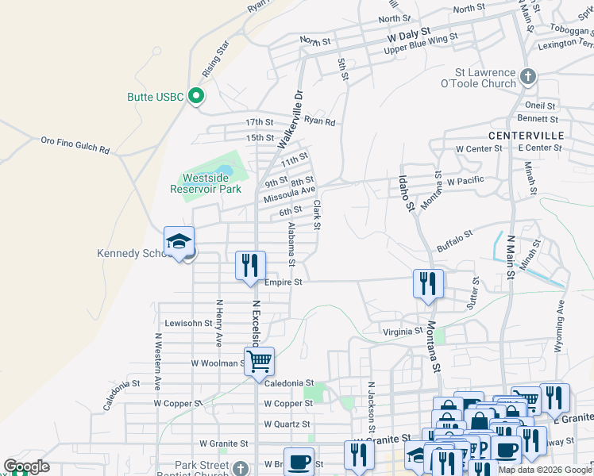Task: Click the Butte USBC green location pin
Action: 196,97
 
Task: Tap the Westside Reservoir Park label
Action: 206,183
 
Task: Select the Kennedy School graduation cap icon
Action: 179,242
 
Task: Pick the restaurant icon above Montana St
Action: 428,283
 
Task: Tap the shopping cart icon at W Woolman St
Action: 259,362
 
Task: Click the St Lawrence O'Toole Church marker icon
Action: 528,77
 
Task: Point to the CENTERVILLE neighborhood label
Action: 526,136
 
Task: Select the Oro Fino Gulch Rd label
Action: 75,144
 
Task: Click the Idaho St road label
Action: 407,194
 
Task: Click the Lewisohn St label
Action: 188,324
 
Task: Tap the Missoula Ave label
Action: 290,191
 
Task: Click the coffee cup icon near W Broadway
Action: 299,461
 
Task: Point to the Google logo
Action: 26,466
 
